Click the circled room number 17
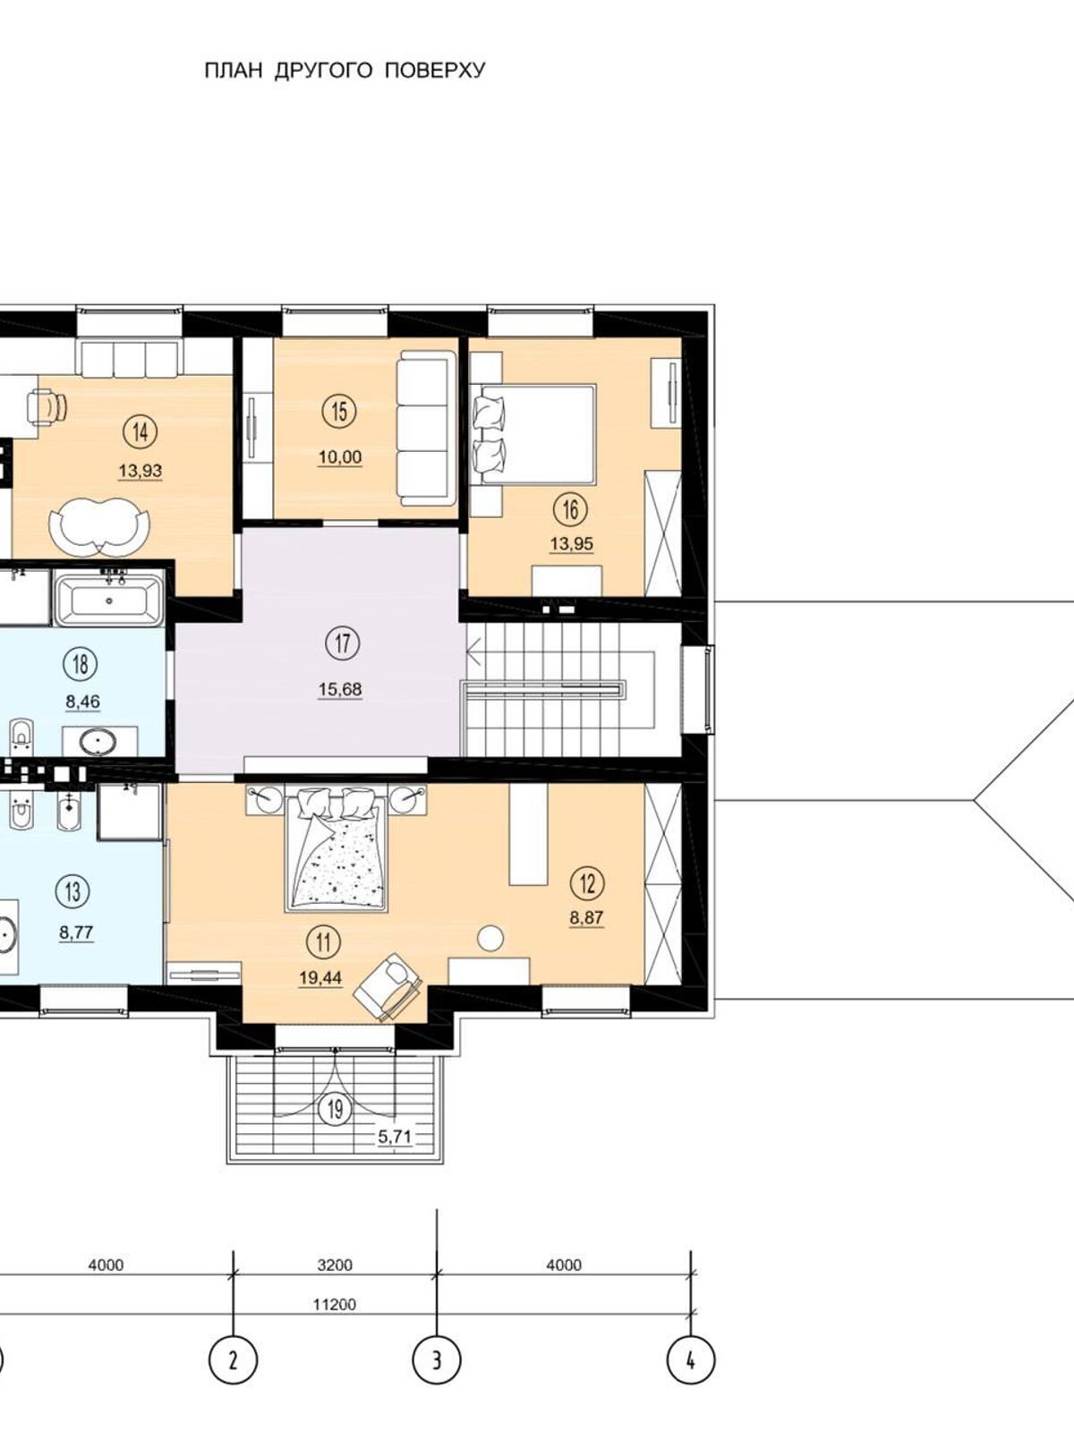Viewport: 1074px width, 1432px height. [343, 643]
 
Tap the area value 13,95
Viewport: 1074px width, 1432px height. [572, 544]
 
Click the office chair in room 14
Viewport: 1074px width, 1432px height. [47, 407]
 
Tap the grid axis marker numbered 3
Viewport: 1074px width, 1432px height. [436, 1361]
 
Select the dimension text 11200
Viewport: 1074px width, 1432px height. [334, 1304]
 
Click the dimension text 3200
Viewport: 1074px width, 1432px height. [334, 1265]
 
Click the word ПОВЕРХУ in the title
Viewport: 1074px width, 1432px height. [435, 71]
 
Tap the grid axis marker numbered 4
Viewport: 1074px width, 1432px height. [691, 1361]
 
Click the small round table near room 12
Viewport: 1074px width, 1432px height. [490, 937]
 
